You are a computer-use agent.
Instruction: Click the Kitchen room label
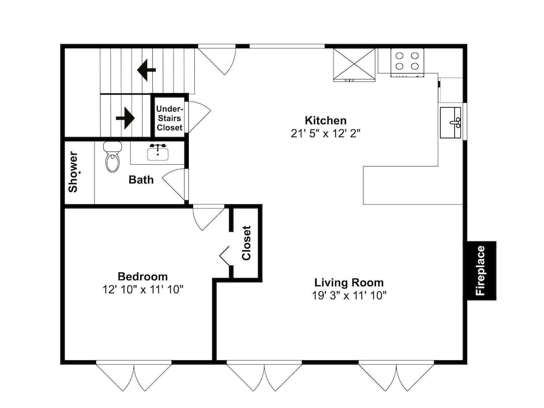[325, 120]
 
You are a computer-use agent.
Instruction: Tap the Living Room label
[349, 282]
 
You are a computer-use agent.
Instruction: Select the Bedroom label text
[143, 276]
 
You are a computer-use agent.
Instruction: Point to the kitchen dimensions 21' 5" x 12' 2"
[325, 134]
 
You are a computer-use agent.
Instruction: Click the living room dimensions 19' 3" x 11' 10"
[349, 295]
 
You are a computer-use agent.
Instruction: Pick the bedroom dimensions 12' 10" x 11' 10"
[143, 289]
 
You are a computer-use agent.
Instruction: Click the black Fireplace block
[481, 270]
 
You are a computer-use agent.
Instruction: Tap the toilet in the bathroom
[113, 157]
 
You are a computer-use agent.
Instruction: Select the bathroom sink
[158, 153]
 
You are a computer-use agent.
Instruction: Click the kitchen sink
[450, 122]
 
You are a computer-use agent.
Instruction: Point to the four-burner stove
[407, 63]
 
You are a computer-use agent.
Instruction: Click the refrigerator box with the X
[354, 65]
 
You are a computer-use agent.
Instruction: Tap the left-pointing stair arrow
[146, 70]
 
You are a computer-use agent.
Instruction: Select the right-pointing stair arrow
[125, 118]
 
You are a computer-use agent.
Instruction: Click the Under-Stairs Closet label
[169, 118]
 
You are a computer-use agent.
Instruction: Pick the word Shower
[73, 172]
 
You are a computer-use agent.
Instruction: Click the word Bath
[141, 180]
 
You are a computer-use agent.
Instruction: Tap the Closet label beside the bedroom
[246, 243]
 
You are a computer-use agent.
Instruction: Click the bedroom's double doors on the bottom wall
[134, 376]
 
